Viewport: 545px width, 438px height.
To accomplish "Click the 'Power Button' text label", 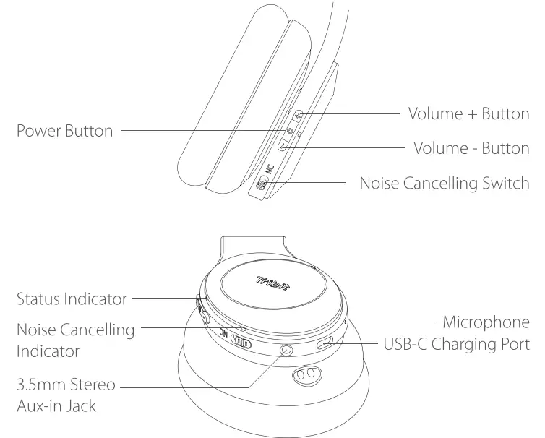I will [x=64, y=131].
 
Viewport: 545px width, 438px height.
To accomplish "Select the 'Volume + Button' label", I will [x=468, y=113].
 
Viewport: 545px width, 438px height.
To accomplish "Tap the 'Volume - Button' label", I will [x=471, y=148].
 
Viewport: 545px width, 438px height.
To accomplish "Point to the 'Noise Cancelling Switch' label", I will [x=445, y=183].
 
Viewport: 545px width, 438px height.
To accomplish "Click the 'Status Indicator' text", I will [x=72, y=299].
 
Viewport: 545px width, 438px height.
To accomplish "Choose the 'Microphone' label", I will [x=486, y=322].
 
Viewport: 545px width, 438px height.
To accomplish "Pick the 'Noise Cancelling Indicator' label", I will [x=75, y=340].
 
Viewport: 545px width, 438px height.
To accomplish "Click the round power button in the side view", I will [x=291, y=131].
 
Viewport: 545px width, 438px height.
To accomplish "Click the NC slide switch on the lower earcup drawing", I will [x=239, y=345].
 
